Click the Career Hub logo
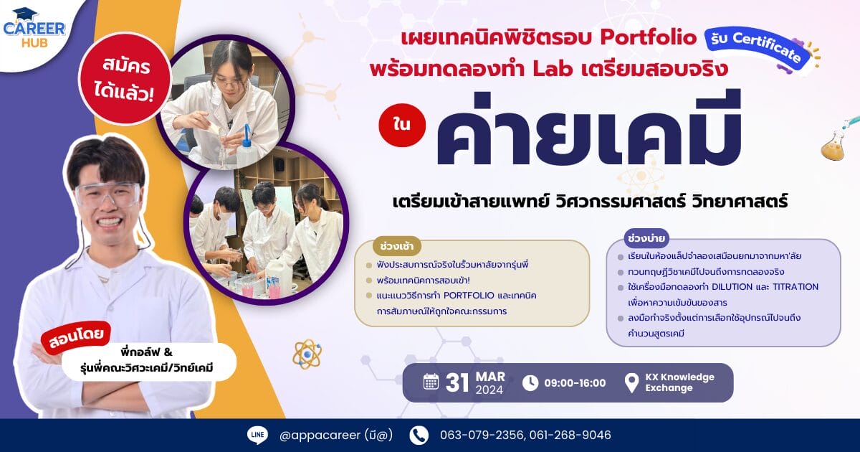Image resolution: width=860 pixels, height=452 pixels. [x=34, y=29]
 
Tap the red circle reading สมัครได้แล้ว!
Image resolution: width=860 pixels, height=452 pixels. [x=125, y=80]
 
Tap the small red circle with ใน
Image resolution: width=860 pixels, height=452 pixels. [x=402, y=125]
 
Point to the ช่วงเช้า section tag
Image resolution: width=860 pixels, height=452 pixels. [x=396, y=246]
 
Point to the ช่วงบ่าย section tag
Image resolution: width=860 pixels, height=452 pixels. [x=646, y=239]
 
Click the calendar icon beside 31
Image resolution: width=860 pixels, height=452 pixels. [x=431, y=382]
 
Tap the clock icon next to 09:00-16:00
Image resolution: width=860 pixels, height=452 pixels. [x=530, y=383]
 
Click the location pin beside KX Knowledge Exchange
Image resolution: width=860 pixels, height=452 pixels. [x=631, y=383]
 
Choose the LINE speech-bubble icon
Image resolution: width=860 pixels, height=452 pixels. [x=257, y=435]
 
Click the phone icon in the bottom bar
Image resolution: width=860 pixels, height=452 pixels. [x=419, y=435]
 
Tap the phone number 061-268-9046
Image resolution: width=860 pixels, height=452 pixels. [x=570, y=435]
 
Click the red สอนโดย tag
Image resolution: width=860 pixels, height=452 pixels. [x=76, y=336]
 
